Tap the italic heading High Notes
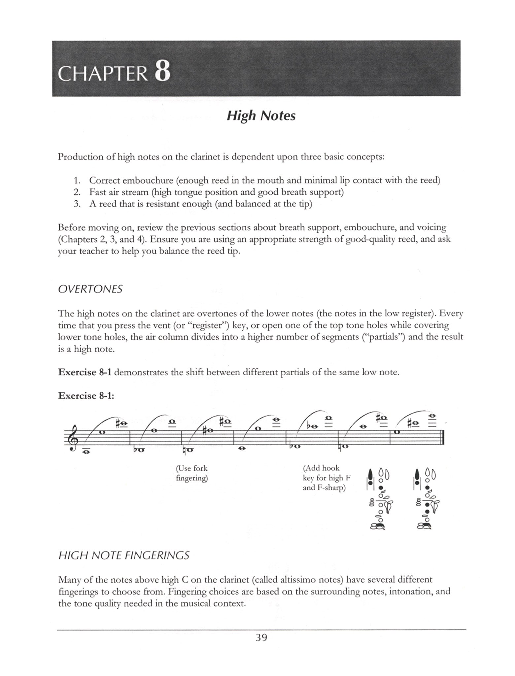261,116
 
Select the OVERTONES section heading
90,289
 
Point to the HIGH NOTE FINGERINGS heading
124,555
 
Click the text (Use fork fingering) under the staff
192,473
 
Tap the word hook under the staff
330,468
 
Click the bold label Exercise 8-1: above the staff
86,395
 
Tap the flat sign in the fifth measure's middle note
309,426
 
